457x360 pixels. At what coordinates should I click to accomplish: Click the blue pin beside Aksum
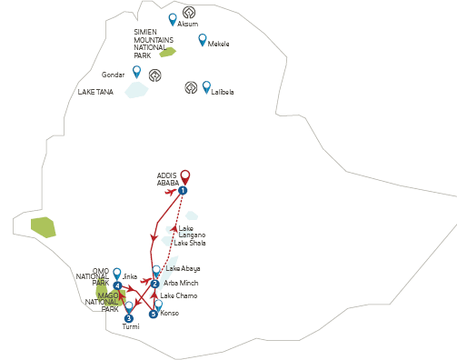point(173,19)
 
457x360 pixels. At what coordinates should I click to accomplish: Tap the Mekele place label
point(218,44)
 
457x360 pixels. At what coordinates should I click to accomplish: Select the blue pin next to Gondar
point(137,72)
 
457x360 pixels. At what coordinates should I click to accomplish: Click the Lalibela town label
point(223,92)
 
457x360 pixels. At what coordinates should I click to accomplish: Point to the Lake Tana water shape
point(136,90)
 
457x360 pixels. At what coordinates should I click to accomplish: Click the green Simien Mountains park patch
point(168,52)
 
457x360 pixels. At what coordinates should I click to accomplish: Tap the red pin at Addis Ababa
point(185,177)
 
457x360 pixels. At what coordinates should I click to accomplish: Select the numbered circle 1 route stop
point(183,191)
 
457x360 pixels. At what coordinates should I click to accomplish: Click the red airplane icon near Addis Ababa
point(171,192)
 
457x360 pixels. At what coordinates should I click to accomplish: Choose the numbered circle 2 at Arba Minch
point(154,284)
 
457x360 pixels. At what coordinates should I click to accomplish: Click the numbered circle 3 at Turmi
point(129,318)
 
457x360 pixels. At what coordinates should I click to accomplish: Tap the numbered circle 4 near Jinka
point(117,285)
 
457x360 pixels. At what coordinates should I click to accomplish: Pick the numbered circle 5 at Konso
point(154,314)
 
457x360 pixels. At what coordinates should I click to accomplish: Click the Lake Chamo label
point(179,295)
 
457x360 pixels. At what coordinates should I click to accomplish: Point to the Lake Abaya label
point(183,268)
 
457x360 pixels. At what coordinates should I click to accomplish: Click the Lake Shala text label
point(190,243)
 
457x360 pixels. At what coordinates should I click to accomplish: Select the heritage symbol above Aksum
point(189,13)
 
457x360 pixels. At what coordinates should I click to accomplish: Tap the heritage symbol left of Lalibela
point(191,87)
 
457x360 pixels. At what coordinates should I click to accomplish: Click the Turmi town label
point(131,326)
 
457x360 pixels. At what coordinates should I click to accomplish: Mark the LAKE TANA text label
point(95,92)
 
